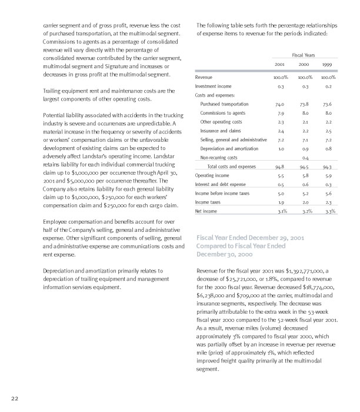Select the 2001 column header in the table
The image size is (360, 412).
(280, 64)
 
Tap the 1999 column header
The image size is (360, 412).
(328, 64)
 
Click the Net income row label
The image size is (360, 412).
(206, 194)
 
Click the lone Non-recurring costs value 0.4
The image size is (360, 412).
(305, 158)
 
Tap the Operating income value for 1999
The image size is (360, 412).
(328, 175)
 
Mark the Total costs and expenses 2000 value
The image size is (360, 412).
(304, 167)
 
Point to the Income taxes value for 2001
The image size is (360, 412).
(280, 185)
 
